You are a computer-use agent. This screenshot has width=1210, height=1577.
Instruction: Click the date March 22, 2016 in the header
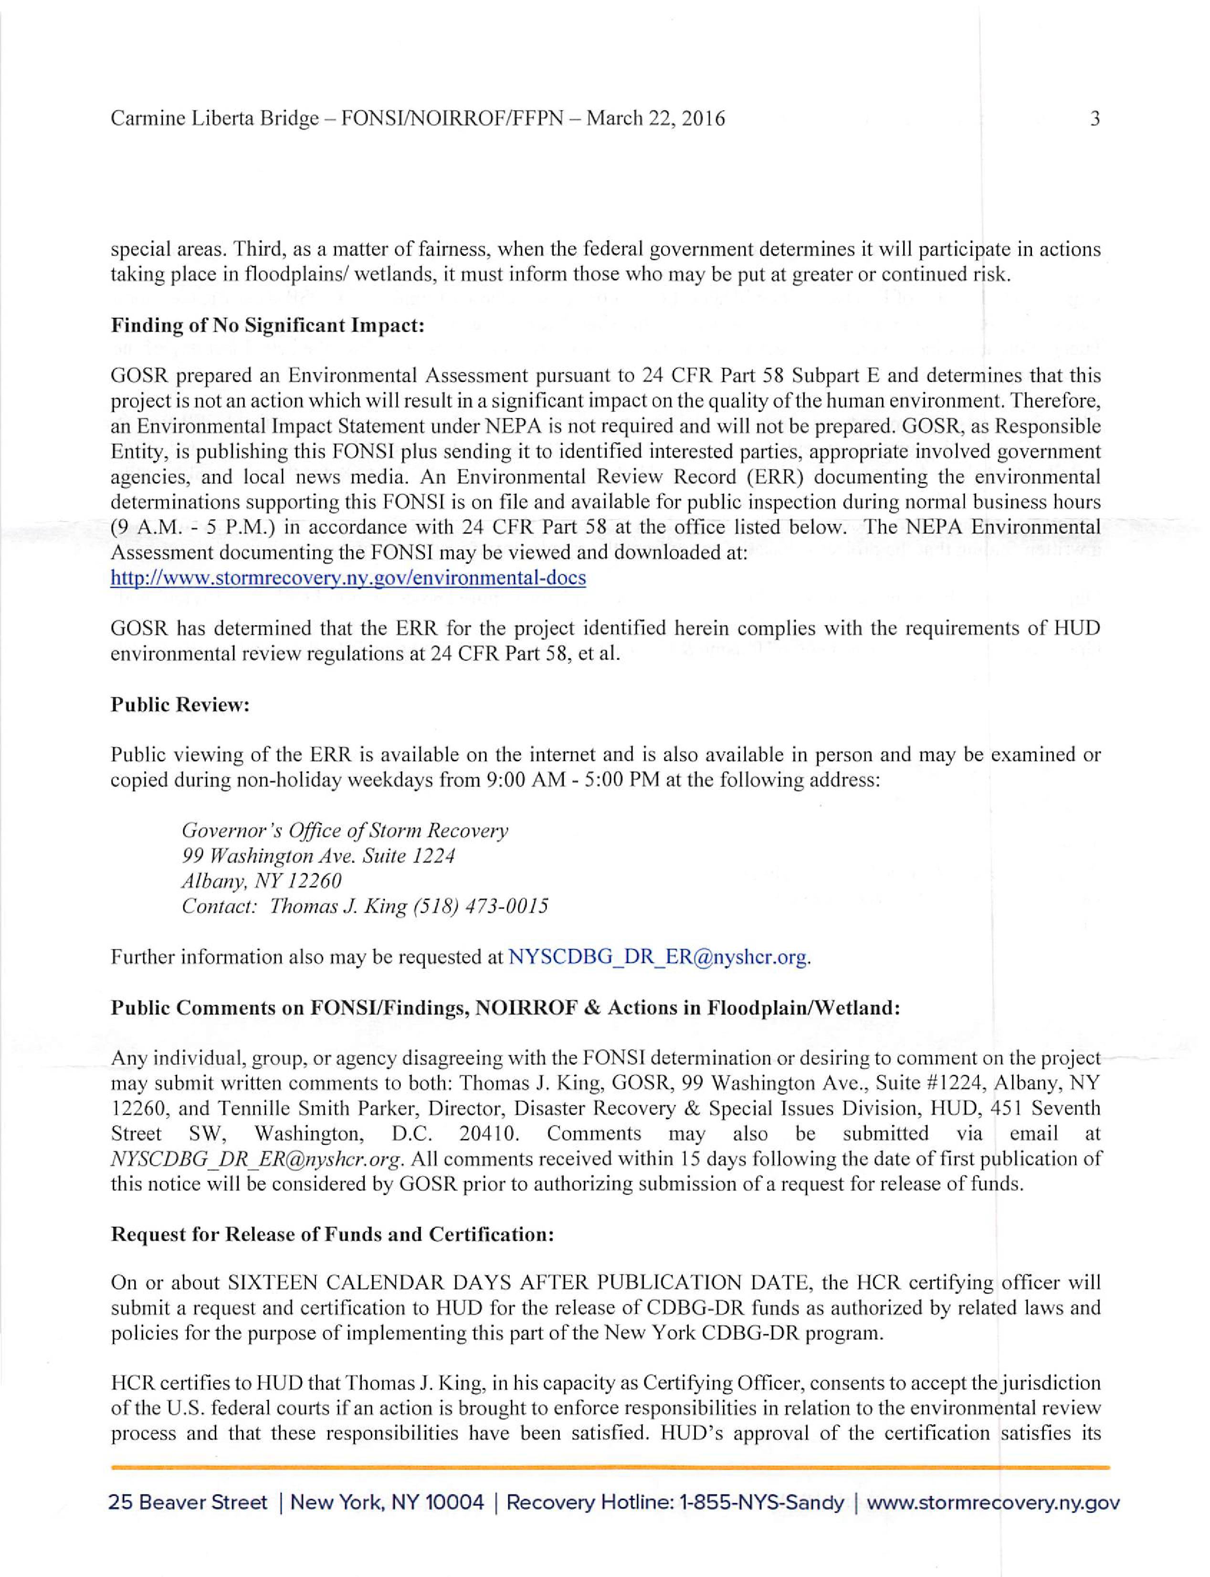click(x=655, y=118)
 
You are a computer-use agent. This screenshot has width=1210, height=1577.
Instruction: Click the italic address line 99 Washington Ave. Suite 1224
click(x=318, y=856)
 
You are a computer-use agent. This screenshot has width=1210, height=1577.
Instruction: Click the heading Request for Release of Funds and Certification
click(x=332, y=1235)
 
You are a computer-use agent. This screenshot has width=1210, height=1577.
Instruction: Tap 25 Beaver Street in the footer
click(x=188, y=1503)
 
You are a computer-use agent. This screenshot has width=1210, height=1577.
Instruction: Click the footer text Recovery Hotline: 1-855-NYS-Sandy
click(x=675, y=1503)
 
